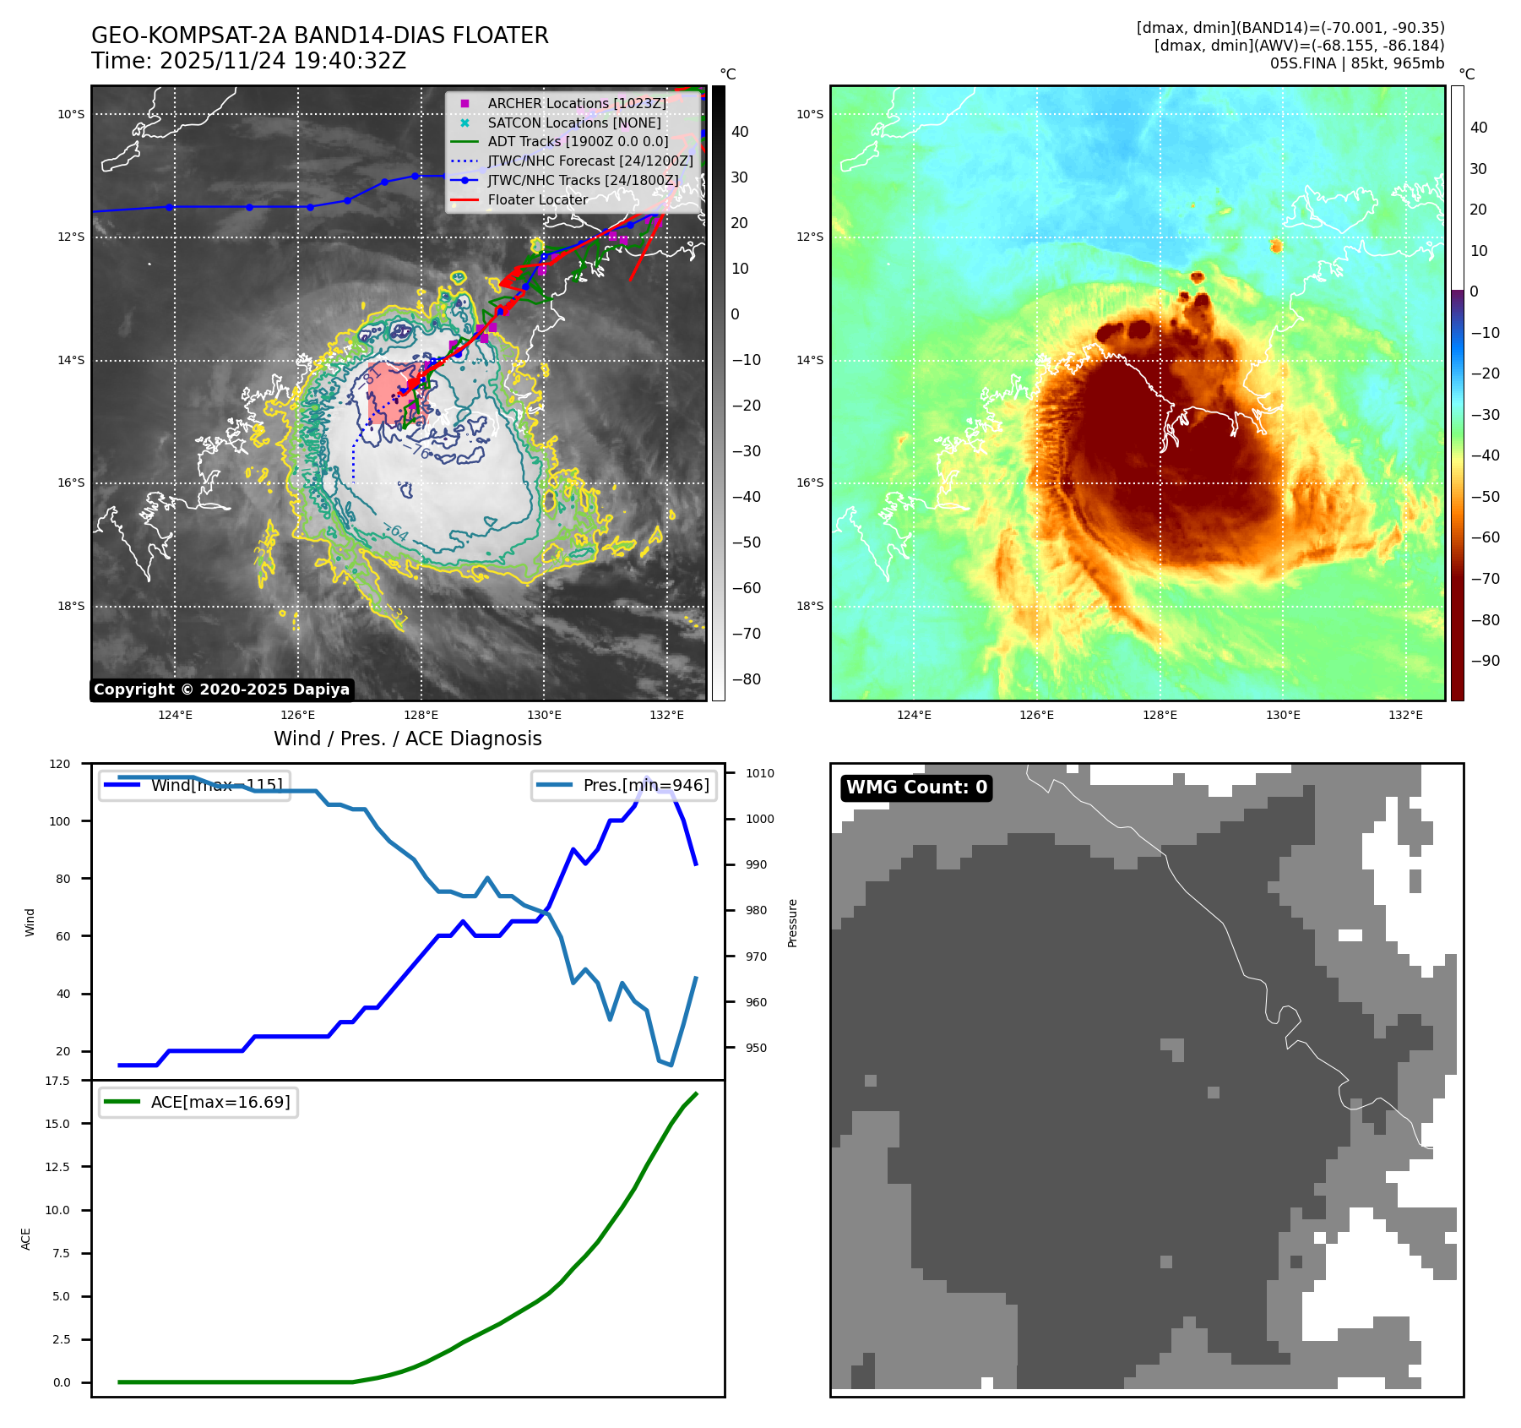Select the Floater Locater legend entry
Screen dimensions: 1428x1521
tap(537, 200)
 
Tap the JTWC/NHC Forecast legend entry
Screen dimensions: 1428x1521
tap(589, 161)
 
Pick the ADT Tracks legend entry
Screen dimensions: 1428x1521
tap(578, 142)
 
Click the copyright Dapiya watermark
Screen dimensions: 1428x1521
tap(221, 689)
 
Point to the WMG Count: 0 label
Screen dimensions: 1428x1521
tap(916, 788)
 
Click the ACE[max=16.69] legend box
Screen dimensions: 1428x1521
tap(198, 1102)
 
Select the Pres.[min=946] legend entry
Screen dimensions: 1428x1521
tap(624, 785)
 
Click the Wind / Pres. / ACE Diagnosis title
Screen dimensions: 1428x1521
tap(407, 739)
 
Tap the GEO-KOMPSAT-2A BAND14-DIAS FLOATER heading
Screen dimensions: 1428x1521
tap(319, 35)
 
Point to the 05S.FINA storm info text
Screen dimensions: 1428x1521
tap(1356, 63)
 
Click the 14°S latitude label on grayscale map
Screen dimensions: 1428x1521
tap(71, 360)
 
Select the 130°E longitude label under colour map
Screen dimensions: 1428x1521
tap(1283, 715)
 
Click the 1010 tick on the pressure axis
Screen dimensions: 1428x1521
tap(759, 773)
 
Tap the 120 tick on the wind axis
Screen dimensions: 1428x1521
tap(60, 764)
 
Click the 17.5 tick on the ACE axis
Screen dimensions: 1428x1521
tap(57, 1081)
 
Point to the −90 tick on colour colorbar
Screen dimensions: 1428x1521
tap(1485, 661)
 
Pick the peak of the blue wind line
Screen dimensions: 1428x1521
tap(647, 777)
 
